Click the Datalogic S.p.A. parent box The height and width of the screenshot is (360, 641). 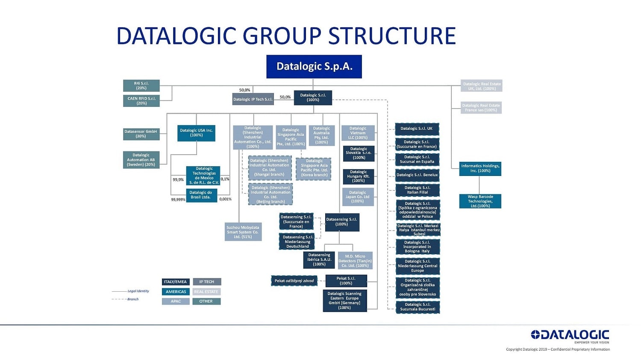point(314,67)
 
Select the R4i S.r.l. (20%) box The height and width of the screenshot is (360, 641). point(141,86)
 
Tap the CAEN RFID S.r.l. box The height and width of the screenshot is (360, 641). point(141,101)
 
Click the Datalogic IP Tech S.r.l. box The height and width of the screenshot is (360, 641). point(253,100)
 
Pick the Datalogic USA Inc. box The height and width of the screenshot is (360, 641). point(196,133)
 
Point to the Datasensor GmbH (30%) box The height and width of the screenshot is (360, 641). point(141,134)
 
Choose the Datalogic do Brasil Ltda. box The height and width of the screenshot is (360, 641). point(200,195)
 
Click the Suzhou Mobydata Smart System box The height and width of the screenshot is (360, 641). point(243,232)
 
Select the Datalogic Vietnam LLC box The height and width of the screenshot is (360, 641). point(358,133)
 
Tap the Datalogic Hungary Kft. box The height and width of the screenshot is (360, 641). point(358,176)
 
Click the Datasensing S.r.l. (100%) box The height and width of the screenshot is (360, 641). point(341,222)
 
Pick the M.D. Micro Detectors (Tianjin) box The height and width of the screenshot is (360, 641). point(355,260)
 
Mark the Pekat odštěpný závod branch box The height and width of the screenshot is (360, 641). point(294,281)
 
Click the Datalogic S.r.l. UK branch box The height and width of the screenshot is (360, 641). point(417,129)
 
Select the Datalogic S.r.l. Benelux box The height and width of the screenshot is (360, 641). point(417,175)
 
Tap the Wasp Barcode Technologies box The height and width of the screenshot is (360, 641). point(480,201)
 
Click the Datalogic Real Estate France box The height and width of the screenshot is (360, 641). point(481,108)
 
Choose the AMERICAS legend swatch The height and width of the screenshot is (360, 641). point(176,292)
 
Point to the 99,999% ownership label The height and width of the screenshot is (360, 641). point(178,199)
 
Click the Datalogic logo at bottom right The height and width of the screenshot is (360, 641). point(570,336)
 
